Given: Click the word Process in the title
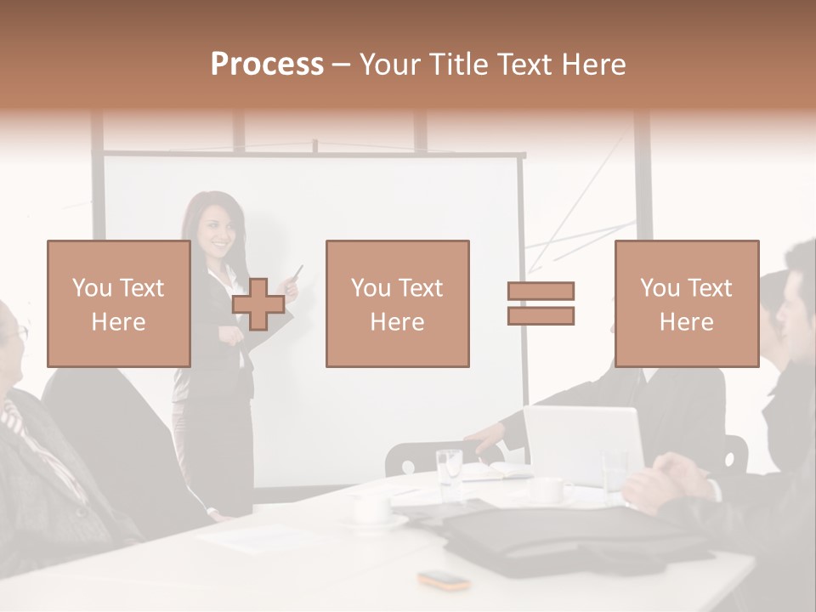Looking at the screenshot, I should [267, 65].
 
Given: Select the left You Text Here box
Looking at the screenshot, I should [118, 303].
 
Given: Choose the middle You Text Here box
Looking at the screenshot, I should [397, 303].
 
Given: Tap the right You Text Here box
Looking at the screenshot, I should [686, 303].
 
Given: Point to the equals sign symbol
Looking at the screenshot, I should [541, 303].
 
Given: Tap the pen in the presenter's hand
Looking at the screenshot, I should [297, 273].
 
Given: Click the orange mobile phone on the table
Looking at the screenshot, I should [444, 581].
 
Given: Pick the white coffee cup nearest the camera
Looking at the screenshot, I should [372, 508].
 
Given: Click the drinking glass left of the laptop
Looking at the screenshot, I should [449, 467].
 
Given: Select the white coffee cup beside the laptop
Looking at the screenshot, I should [547, 490].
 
